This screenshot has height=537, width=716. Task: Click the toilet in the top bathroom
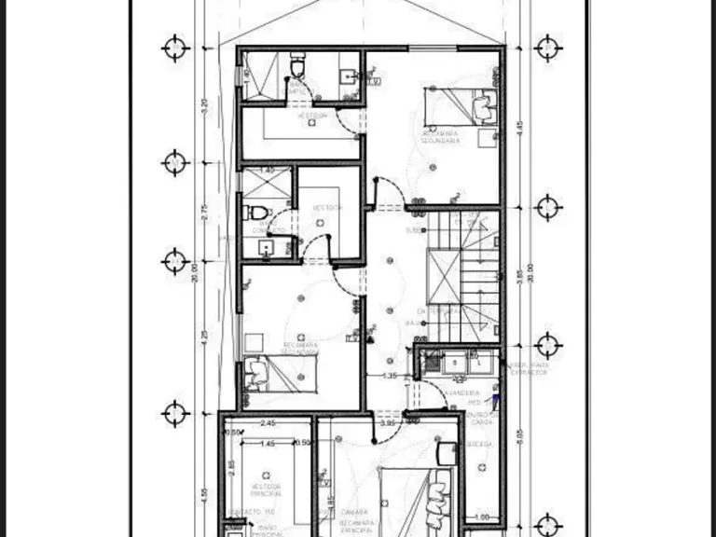(x=297, y=68)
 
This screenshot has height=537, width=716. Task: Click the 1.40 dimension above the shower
(x=267, y=171)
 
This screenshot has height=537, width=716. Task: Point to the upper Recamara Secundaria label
(x=441, y=138)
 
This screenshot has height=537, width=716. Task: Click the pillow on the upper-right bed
(x=482, y=107)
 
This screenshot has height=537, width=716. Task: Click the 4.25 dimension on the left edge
(x=204, y=336)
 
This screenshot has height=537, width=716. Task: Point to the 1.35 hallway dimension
(x=392, y=377)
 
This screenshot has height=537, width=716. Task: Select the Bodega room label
(x=480, y=444)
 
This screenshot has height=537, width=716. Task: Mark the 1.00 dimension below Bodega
(x=481, y=518)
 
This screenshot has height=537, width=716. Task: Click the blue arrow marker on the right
(x=496, y=401)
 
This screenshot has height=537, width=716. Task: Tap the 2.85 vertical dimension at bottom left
(x=230, y=469)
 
